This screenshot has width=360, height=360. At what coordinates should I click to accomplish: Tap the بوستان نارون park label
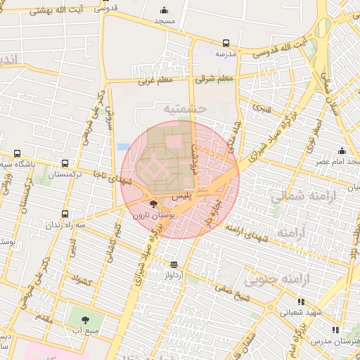pyautogui.click(x=152, y=214)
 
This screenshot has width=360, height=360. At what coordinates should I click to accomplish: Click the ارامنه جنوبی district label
pyautogui.click(x=276, y=280)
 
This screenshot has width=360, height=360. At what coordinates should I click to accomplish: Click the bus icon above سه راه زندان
pyautogui.click(x=65, y=214)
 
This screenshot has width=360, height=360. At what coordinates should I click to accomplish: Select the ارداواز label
pyautogui.click(x=174, y=275)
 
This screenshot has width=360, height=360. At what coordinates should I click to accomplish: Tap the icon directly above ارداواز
pyautogui.click(x=174, y=265)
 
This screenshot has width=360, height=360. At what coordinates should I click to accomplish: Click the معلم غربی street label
pyautogui.click(x=155, y=81)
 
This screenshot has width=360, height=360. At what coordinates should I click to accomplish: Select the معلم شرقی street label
pyautogui.click(x=214, y=80)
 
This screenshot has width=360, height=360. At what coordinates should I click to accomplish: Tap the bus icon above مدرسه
pyautogui.click(x=226, y=43)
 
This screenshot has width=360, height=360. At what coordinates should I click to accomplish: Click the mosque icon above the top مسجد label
pyautogui.click(x=165, y=11)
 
